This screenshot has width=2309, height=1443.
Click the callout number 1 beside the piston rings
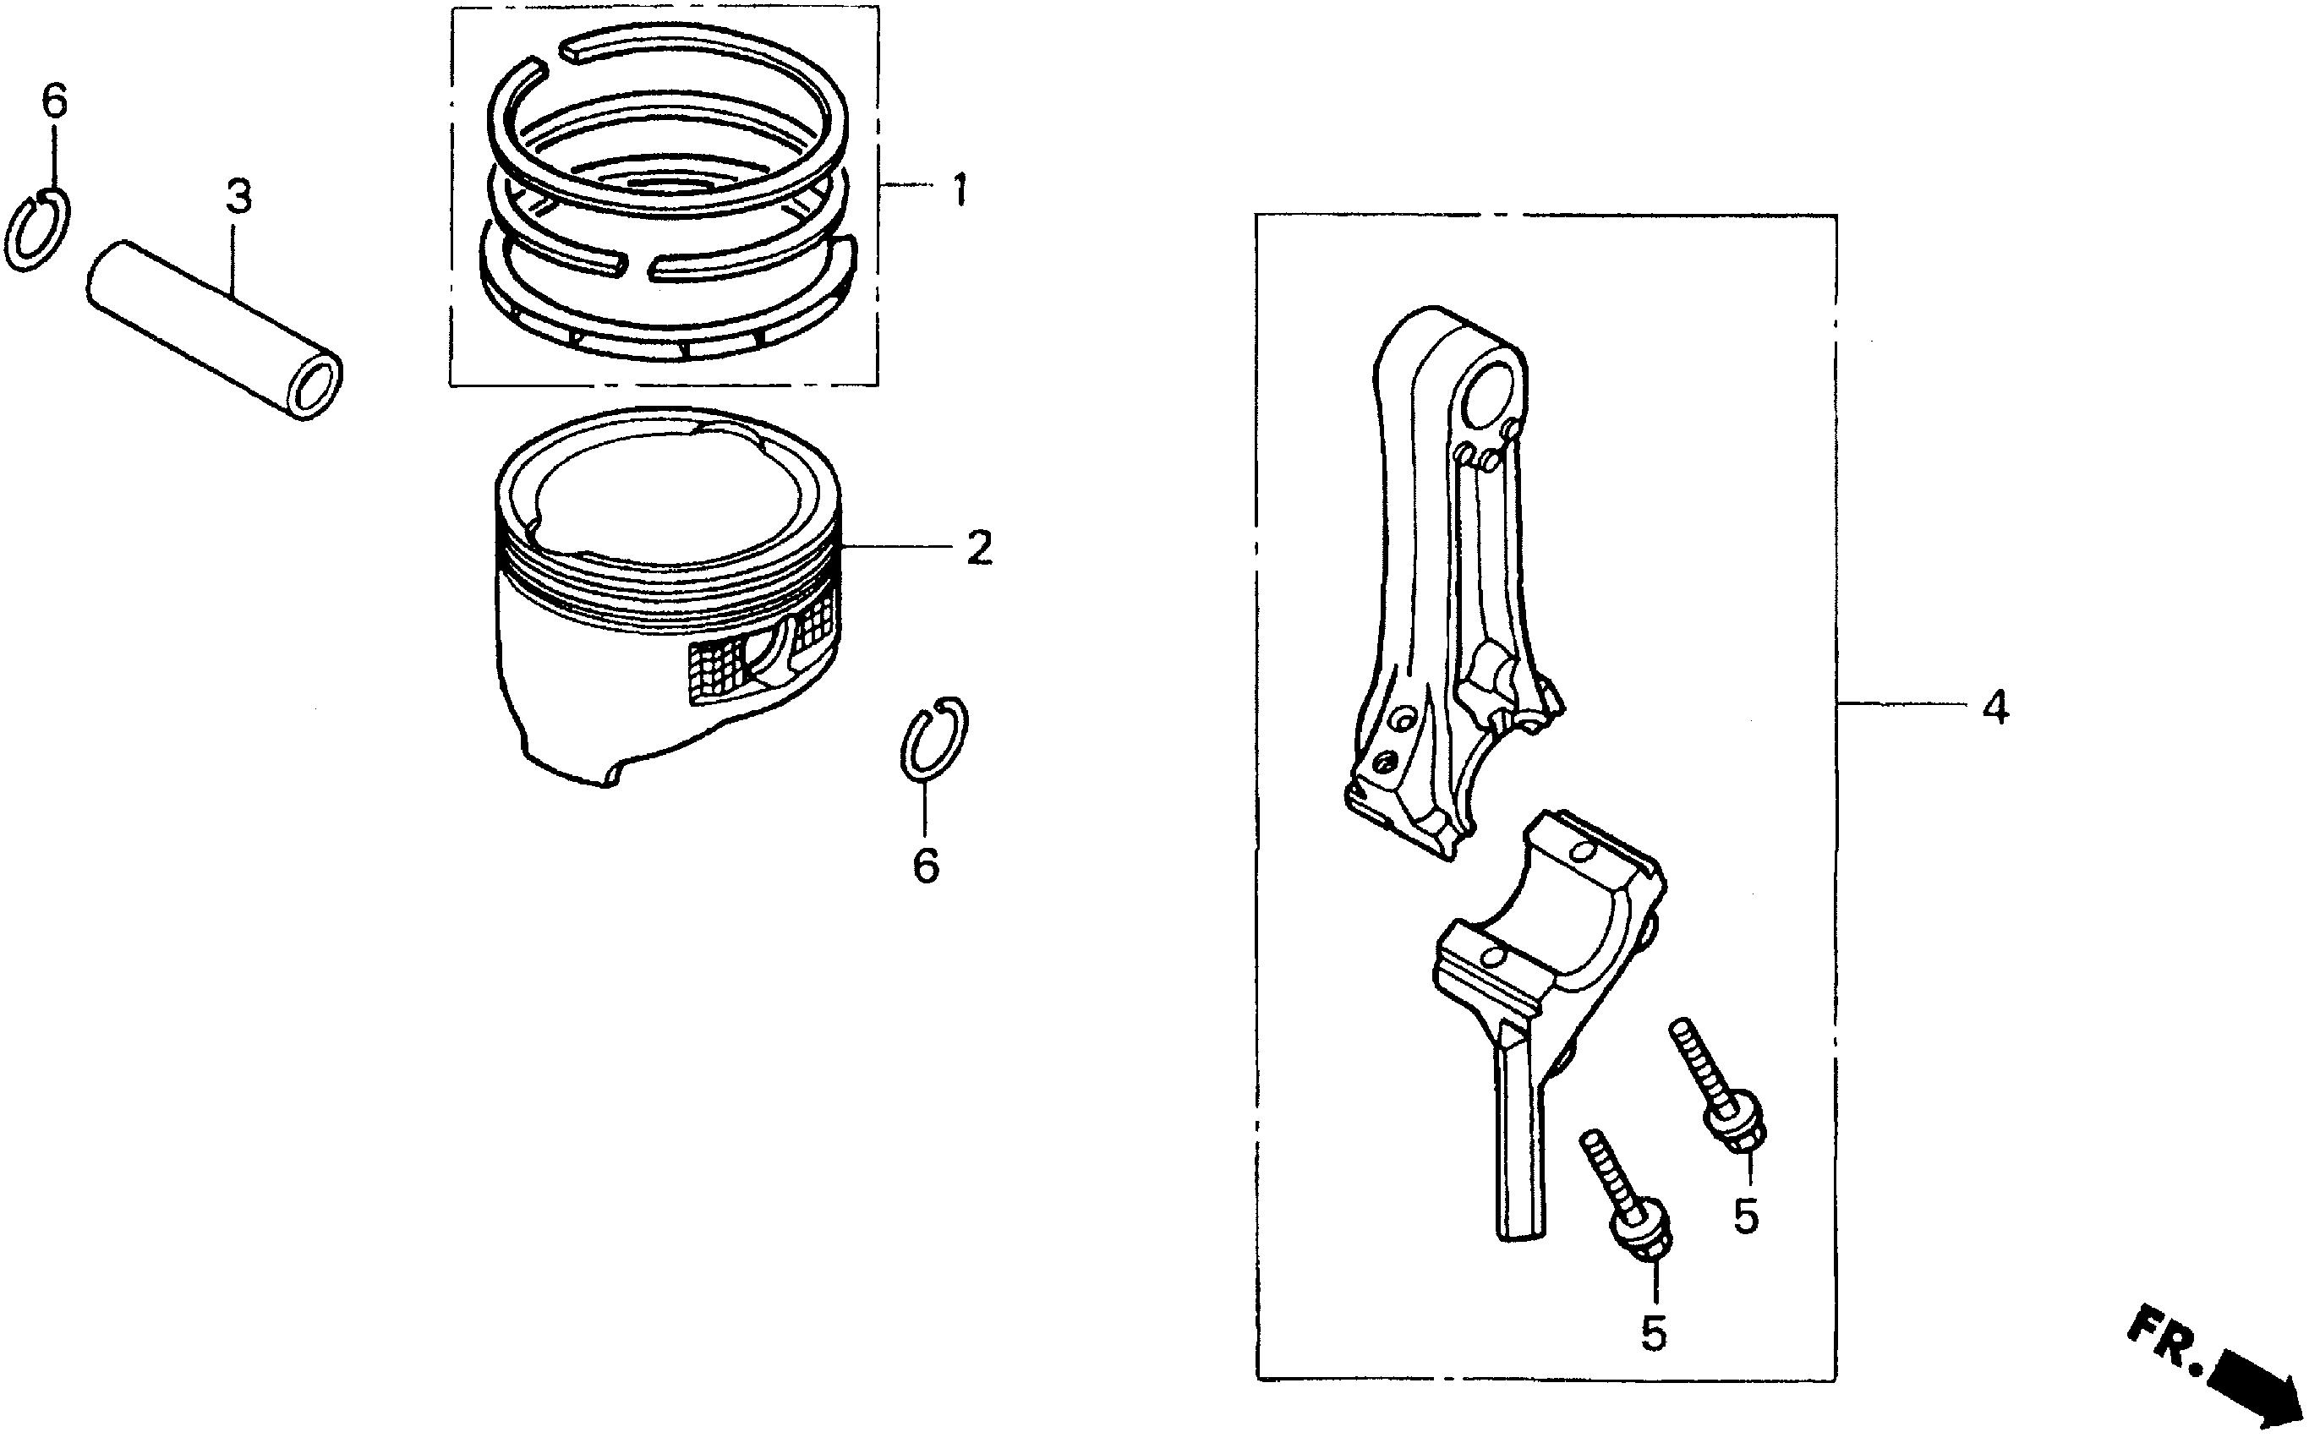tap(960, 190)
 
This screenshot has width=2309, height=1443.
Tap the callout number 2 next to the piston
tap(978, 548)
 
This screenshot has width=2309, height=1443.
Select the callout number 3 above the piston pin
tap(238, 197)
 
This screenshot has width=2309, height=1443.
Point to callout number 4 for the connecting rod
tap(1995, 708)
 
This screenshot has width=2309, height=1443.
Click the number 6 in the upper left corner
tap(55, 101)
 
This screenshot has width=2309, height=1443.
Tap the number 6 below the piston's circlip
tap(926, 865)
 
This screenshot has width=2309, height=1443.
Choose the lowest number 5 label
tap(1653, 1332)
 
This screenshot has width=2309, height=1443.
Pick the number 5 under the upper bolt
tap(1746, 1216)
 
